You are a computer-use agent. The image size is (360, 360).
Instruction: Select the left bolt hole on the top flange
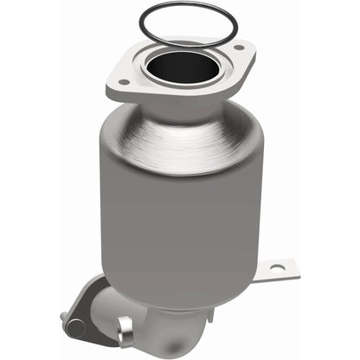tap(123, 83)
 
